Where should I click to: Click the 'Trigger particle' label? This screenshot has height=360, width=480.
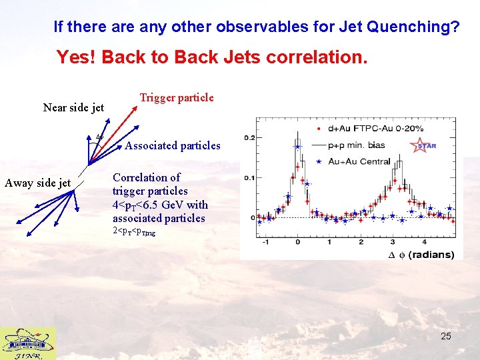[176, 98]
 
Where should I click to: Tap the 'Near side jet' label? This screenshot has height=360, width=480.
[73, 107]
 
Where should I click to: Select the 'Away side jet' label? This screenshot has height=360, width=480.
[37, 183]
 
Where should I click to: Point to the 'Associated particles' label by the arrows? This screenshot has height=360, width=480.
[173, 145]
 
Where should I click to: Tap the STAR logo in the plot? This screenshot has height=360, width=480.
[423, 145]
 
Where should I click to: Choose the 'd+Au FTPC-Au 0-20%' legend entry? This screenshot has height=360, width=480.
[377, 127]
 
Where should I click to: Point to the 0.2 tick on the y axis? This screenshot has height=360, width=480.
[249, 138]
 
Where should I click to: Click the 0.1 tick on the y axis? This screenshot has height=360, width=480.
[249, 178]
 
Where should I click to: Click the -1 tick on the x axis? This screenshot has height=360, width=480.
[266, 241]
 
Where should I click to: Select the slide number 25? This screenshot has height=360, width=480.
[445, 336]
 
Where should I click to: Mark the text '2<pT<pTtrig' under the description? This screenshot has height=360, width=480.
[133, 231]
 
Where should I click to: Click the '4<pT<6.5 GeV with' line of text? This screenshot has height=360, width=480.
[160, 205]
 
